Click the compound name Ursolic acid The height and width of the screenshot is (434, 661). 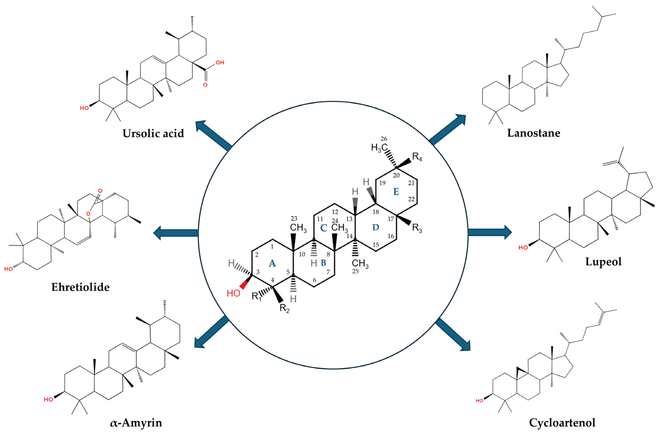(x=153, y=134)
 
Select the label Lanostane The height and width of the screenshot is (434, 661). (x=533, y=133)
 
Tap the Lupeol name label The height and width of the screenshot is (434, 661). (x=603, y=262)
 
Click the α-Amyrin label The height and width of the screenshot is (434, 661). (x=136, y=423)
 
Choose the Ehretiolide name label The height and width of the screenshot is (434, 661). (x=81, y=287)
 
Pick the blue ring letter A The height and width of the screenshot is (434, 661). (x=272, y=263)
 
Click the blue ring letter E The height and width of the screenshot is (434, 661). (x=396, y=192)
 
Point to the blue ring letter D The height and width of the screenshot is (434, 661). (x=376, y=227)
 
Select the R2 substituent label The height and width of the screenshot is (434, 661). (x=284, y=308)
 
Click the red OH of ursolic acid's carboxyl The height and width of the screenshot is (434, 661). (x=220, y=62)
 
